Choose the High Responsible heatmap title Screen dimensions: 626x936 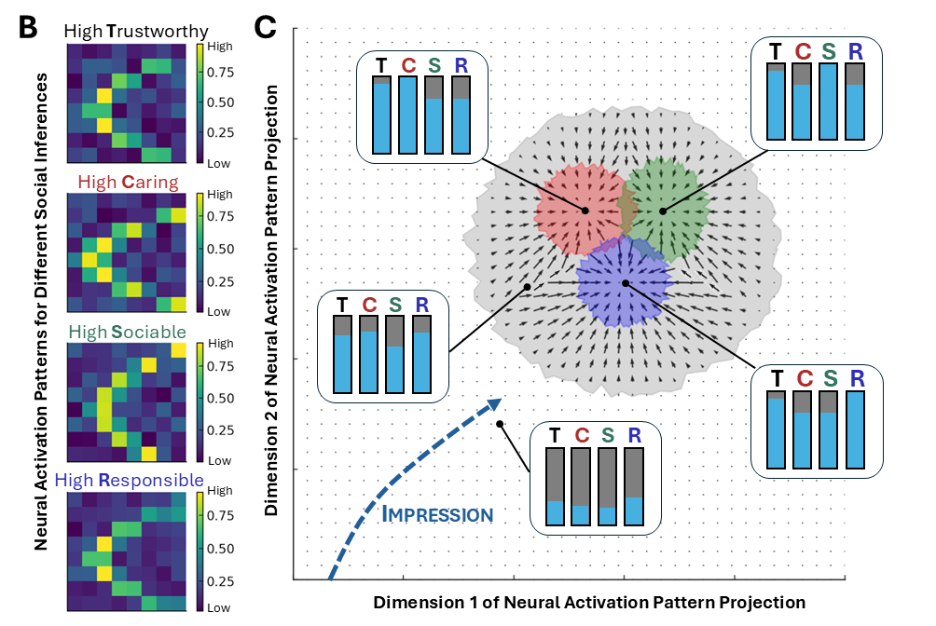pos(129,481)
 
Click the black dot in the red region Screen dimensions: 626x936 pos(585,211)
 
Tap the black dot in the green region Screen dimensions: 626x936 pos(663,211)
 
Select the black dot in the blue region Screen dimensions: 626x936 pos(625,282)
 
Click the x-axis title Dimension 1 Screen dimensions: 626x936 pos(589,602)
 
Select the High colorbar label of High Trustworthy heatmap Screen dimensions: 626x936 pos(217,44)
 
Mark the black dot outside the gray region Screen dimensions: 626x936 pos(501,424)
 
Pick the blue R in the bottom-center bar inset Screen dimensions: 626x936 pos(635,436)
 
